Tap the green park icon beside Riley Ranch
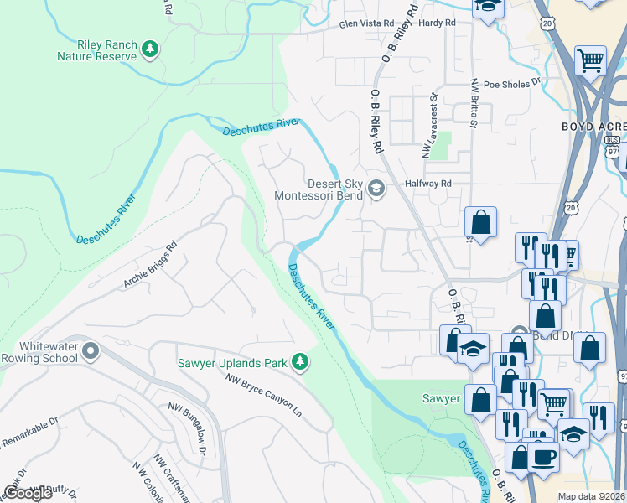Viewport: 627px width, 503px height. click(150, 49)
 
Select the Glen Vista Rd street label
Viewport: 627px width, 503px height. click(366, 25)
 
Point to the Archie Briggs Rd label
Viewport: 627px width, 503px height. click(152, 265)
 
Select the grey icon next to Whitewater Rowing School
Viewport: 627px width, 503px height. click(90, 351)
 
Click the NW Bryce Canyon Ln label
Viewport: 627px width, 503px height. click(262, 395)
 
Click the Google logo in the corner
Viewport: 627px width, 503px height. click(28, 493)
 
